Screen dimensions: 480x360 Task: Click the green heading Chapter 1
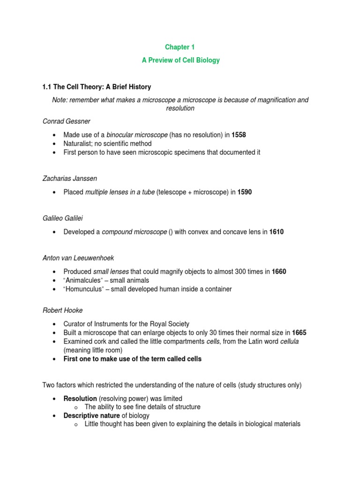click(180, 47)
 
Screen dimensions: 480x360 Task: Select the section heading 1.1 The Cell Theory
click(97, 87)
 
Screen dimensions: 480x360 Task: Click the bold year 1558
click(239, 135)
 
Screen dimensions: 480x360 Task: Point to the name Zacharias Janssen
click(68, 179)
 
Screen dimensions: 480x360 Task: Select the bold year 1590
click(245, 192)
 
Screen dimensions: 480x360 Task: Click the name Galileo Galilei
click(61, 218)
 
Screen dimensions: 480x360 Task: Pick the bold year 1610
click(277, 232)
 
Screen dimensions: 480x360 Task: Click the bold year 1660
click(279, 272)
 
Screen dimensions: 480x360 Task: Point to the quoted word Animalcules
click(85, 280)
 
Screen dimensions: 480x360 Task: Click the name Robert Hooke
click(61, 310)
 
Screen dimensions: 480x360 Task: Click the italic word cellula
click(289, 341)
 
